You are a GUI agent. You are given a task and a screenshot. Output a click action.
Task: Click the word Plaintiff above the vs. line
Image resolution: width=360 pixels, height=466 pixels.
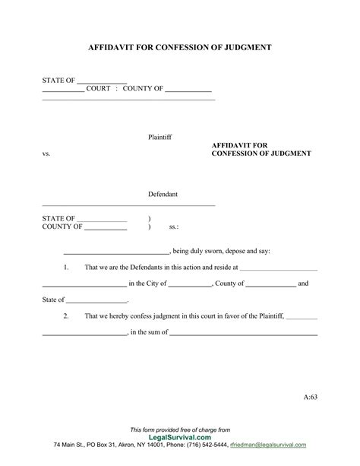pyautogui.click(x=160, y=137)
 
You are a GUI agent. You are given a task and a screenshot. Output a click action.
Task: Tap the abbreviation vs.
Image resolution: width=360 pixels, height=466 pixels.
pyautogui.click(x=46, y=154)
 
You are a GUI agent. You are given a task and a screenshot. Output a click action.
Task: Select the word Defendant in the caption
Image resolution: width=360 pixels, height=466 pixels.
pyautogui.click(x=163, y=195)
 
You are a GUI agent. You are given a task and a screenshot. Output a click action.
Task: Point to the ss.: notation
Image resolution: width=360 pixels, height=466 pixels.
pyautogui.click(x=173, y=227)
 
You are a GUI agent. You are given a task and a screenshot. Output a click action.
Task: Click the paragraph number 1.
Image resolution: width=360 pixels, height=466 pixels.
pyautogui.click(x=67, y=268)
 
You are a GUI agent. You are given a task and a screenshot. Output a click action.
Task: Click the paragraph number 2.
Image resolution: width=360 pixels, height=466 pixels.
pyautogui.click(x=67, y=315)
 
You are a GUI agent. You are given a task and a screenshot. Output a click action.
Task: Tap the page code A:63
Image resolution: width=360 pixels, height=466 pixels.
pyautogui.click(x=311, y=398)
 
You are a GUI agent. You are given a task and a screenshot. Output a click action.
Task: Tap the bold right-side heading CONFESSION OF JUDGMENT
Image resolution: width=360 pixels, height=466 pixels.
pyautogui.click(x=261, y=153)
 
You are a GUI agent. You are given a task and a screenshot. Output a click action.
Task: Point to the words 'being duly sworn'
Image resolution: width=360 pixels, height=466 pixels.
pyautogui.click(x=198, y=251)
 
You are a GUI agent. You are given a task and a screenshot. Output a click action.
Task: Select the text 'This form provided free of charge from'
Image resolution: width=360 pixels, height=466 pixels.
pyautogui.click(x=180, y=430)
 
